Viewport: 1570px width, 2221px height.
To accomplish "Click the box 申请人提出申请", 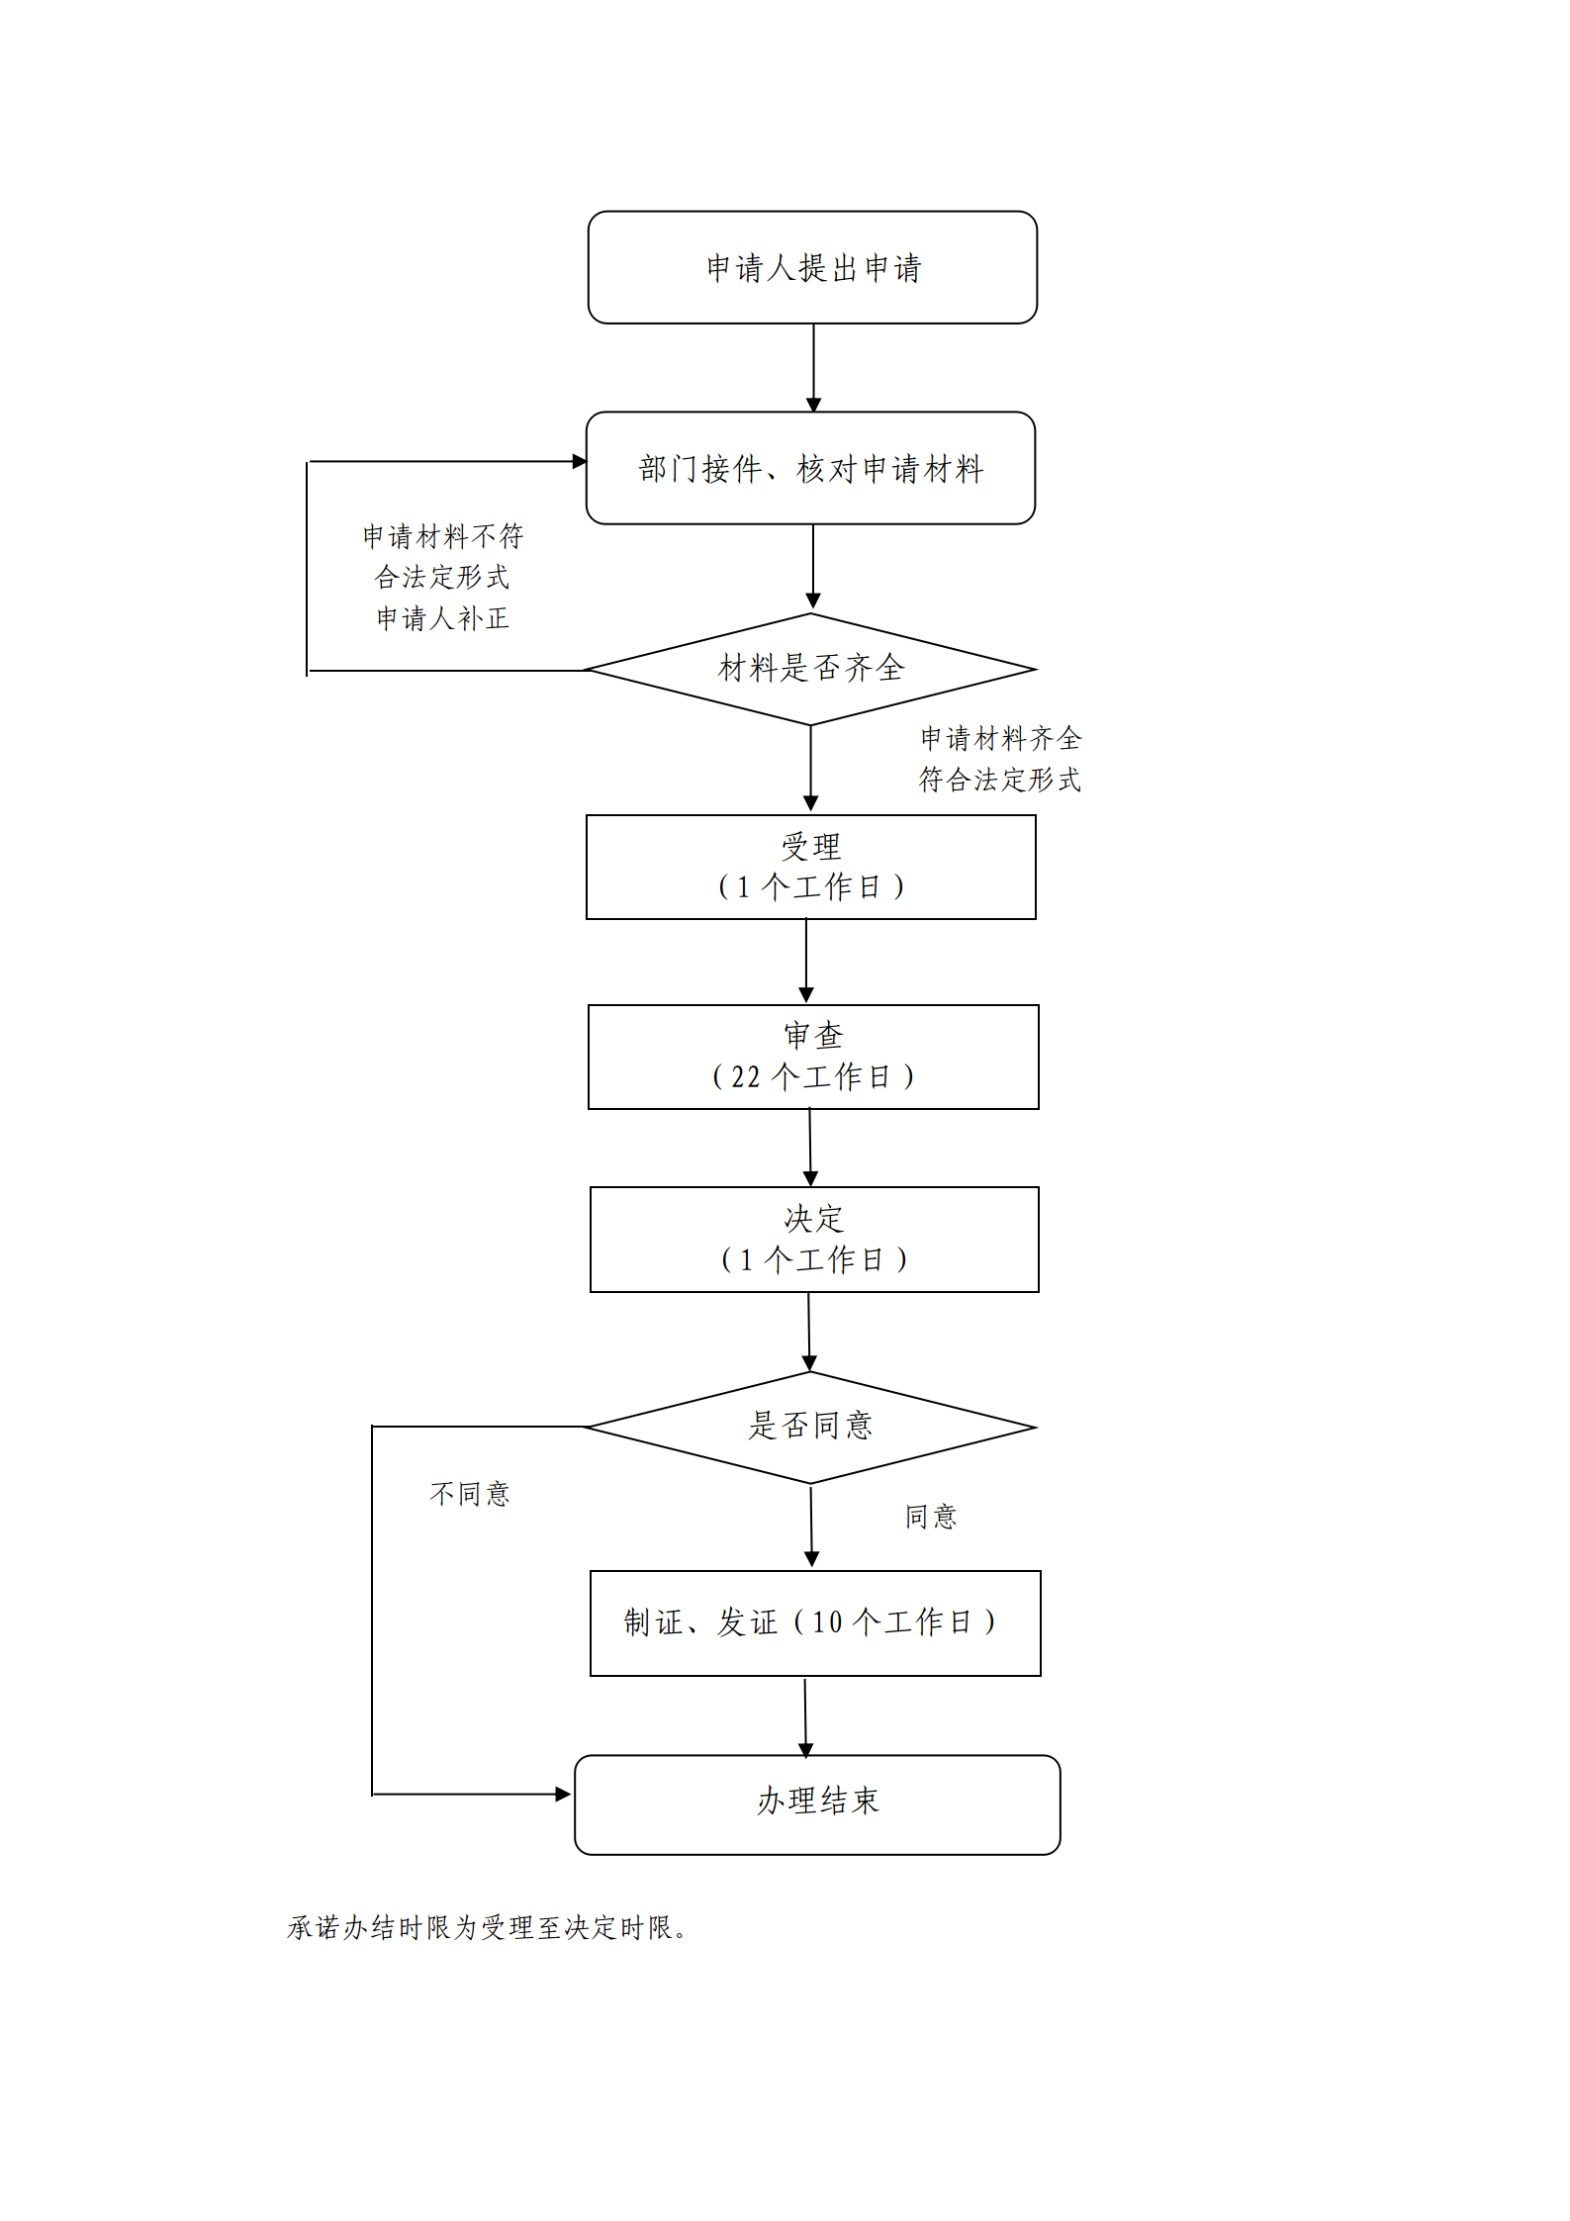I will coord(812,267).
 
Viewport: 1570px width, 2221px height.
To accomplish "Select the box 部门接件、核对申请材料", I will coord(810,468).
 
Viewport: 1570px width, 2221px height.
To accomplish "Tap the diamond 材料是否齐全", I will coord(810,669).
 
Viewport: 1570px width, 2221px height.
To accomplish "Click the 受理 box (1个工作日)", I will coord(810,867).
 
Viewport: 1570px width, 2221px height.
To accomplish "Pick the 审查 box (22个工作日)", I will coord(812,1057).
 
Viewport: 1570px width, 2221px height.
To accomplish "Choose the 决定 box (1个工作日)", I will coord(813,1239).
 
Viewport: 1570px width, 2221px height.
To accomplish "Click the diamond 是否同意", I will coord(810,1427).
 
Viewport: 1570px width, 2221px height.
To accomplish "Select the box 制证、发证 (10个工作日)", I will coord(814,1622).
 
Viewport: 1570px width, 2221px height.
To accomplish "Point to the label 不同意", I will coord(470,1494).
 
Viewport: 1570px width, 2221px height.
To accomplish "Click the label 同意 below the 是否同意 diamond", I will coord(931,1517).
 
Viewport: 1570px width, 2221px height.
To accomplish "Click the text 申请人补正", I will coord(442,618).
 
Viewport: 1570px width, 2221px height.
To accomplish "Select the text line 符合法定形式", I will coord(999,780).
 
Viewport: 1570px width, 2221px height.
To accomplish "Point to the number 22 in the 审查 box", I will coord(745,1076).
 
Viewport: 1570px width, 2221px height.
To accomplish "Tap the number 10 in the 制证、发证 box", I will coord(826,1622).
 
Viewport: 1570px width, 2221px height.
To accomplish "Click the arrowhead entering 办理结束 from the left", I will coord(563,1794).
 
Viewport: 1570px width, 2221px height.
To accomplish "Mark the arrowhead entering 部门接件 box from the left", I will coord(580,461).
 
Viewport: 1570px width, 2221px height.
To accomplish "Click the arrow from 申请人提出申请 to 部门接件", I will coord(813,366).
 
